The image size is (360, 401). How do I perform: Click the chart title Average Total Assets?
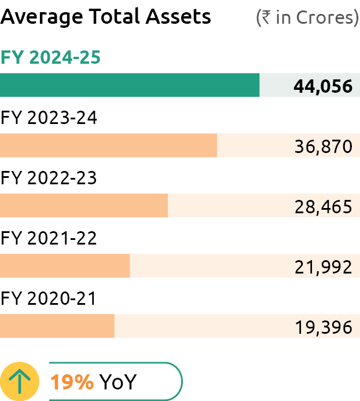(106, 17)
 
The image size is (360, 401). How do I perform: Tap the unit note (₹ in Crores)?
(307, 17)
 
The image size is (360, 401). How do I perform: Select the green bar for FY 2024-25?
(130, 85)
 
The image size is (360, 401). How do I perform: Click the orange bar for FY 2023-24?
(108, 145)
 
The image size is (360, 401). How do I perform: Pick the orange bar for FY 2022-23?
(84, 206)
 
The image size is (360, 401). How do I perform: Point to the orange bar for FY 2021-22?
(65, 266)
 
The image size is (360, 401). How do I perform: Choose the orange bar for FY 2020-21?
(57, 326)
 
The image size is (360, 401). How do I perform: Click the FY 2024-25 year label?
(51, 57)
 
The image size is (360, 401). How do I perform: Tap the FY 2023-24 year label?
(49, 118)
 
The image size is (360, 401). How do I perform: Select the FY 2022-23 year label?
(49, 178)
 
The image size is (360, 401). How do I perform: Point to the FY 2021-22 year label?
(49, 238)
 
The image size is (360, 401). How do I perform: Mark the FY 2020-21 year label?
(49, 298)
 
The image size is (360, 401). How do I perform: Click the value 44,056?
(323, 86)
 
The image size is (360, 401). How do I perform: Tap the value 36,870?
(323, 147)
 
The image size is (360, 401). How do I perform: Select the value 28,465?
(323, 207)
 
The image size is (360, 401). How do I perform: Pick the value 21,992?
(323, 267)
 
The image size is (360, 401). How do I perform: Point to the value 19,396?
(323, 327)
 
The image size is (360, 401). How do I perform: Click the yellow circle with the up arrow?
(20, 381)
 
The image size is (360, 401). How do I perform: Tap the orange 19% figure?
(72, 382)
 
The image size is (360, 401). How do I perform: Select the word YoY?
(117, 382)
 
